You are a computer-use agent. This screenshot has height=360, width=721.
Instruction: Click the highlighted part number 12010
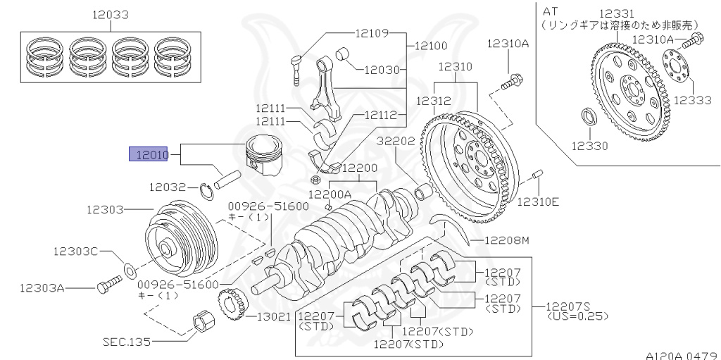(147, 154)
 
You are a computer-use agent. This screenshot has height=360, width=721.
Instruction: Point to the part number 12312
(433, 101)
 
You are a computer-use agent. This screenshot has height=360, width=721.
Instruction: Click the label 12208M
(506, 242)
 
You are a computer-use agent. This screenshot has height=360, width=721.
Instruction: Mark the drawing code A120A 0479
(681, 354)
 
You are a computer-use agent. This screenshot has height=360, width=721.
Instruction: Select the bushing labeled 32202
(425, 192)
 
